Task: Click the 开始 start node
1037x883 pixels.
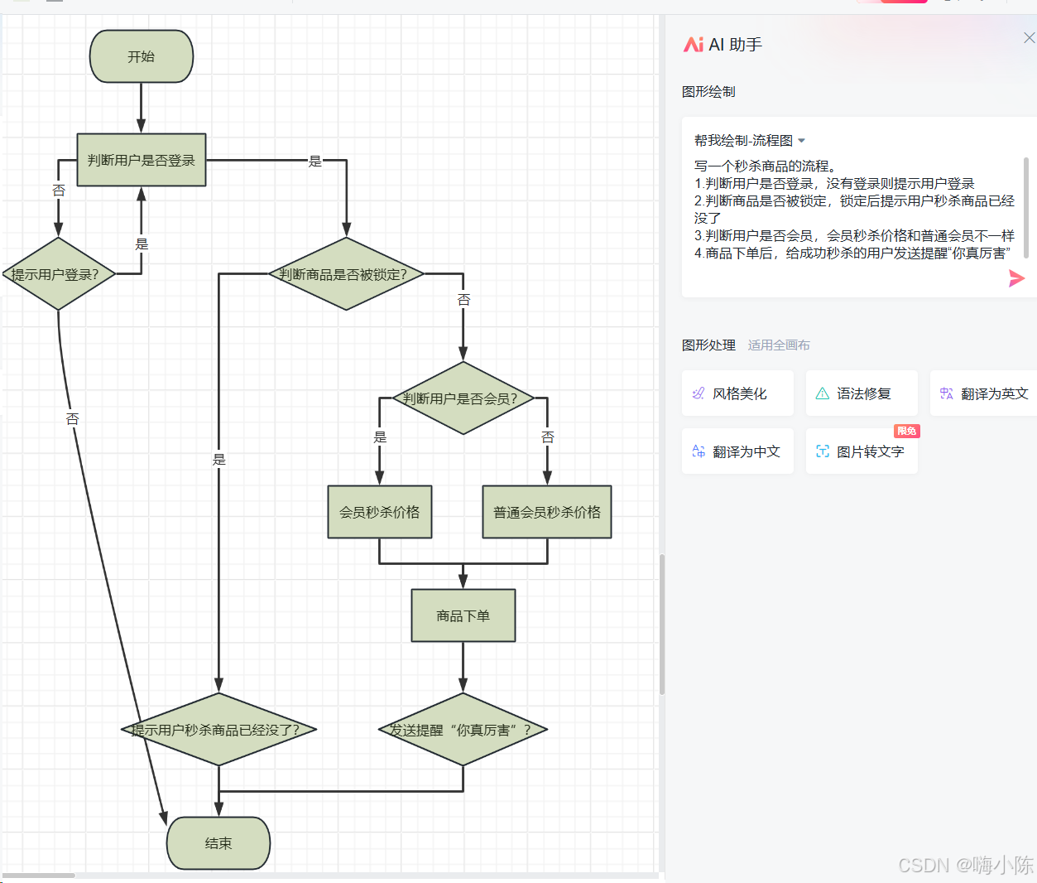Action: pos(142,56)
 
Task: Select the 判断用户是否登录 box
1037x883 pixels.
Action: pos(142,160)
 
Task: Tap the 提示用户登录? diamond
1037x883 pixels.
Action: pos(58,274)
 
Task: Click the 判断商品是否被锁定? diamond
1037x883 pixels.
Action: pos(346,274)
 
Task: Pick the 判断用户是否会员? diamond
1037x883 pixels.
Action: pos(463,398)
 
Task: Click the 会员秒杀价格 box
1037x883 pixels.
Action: pos(380,512)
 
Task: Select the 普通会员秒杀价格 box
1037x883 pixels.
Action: pos(547,512)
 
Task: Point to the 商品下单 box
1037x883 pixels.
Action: pos(463,615)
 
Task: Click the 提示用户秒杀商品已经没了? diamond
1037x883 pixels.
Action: pos(218,730)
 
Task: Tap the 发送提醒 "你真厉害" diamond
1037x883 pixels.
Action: pos(463,730)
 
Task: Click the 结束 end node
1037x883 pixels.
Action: pos(218,843)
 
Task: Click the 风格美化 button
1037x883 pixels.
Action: pos(737,393)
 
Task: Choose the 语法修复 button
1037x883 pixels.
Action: pos(862,393)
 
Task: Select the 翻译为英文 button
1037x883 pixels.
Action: pos(985,393)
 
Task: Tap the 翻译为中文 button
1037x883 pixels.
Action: pos(737,451)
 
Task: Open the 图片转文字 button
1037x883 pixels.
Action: pos(862,451)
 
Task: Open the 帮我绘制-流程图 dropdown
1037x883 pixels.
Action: pos(750,141)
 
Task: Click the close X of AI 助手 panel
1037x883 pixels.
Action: pos(1029,38)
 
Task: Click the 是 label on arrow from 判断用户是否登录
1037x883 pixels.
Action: pos(315,161)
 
